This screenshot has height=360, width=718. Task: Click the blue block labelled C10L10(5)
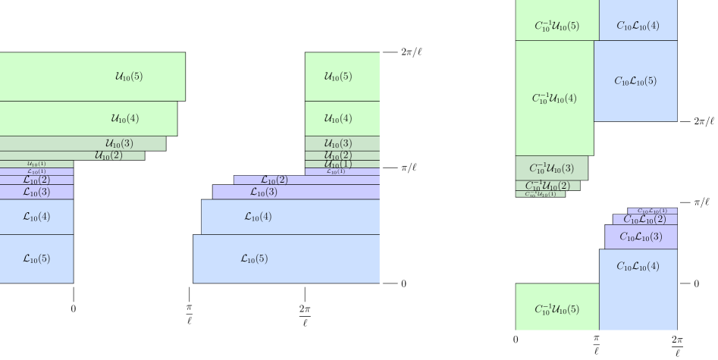point(635,81)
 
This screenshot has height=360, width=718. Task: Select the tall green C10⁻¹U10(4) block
point(554,99)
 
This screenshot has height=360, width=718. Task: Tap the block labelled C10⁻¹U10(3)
point(551,168)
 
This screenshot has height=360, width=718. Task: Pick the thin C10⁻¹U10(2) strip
point(547,186)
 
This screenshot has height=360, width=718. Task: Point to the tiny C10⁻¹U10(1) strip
point(540,194)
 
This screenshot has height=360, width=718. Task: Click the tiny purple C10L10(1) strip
point(652,211)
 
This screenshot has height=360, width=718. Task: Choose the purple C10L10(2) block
point(644,219)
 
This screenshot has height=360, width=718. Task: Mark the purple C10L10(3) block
point(641,236)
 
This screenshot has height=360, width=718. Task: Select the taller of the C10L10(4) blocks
point(638,290)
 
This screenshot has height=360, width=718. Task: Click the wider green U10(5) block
point(92,77)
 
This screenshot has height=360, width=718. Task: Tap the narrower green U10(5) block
point(342,77)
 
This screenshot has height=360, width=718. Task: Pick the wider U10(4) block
point(88,118)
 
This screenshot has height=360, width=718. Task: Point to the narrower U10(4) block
point(342,118)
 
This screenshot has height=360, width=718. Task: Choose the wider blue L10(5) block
point(286,258)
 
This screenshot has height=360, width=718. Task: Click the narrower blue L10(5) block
point(36,258)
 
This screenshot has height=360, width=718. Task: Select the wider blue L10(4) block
point(290,217)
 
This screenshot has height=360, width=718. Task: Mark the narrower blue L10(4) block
point(36,217)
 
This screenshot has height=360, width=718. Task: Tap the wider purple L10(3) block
point(296,192)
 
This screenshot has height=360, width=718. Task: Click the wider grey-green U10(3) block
point(83,143)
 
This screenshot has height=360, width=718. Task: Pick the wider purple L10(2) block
point(306,180)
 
